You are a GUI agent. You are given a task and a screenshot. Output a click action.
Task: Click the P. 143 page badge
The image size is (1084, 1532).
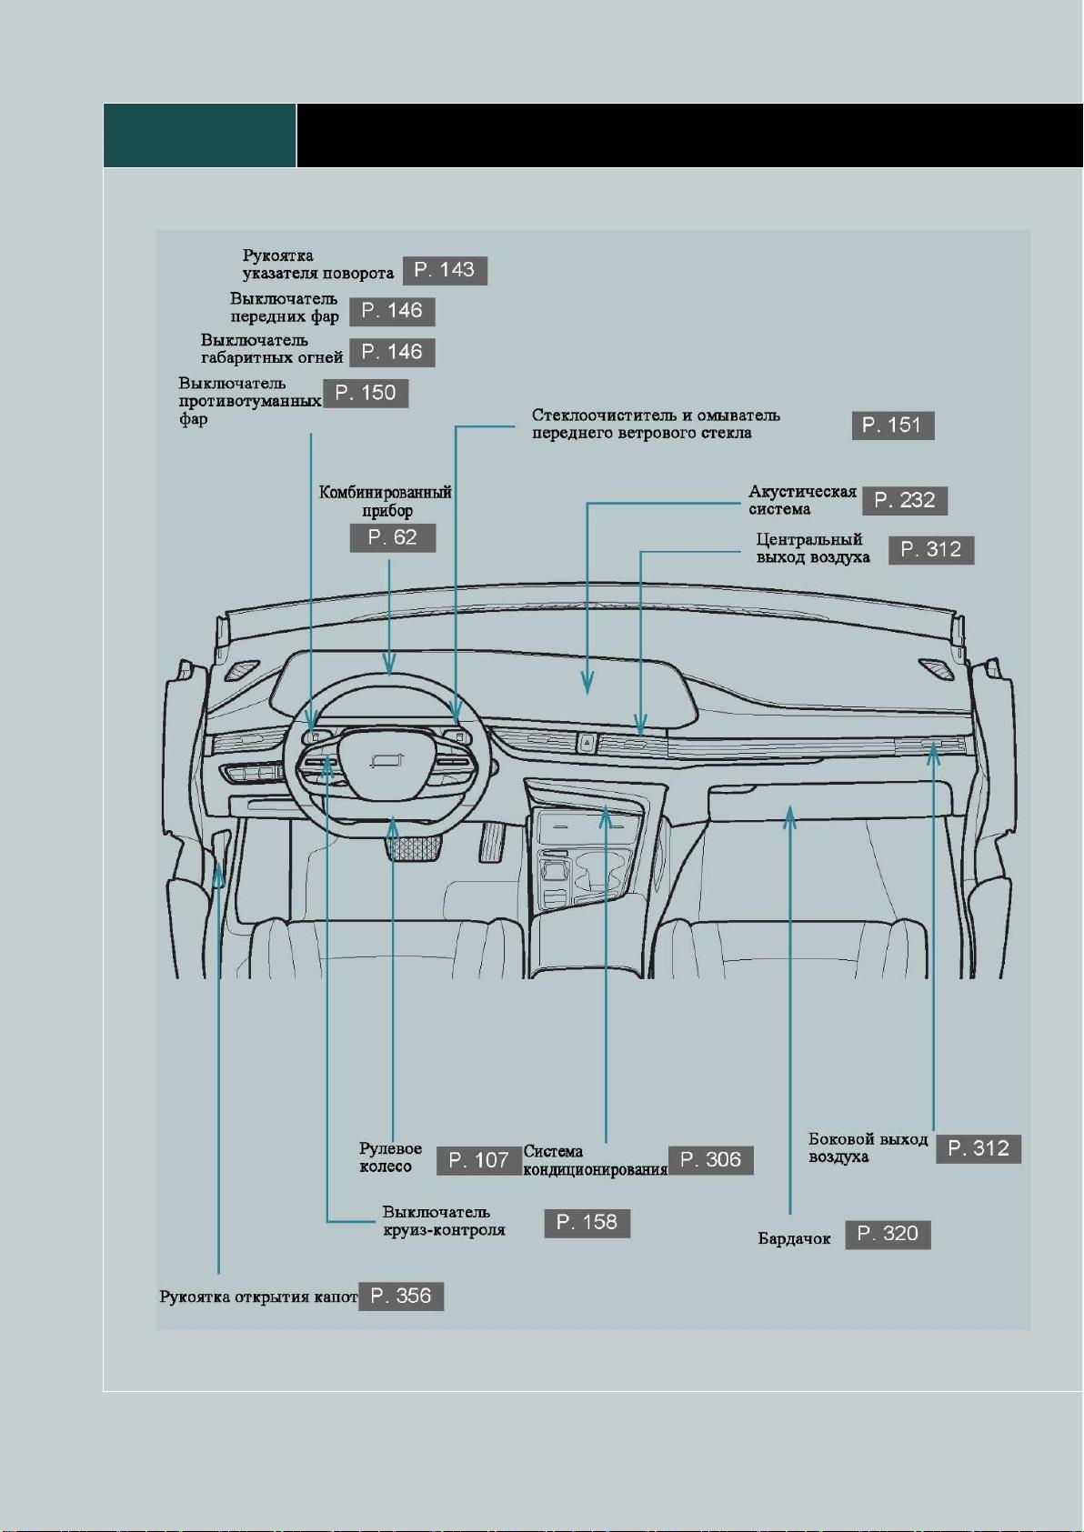445,270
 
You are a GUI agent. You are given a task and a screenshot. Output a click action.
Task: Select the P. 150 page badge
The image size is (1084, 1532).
366,394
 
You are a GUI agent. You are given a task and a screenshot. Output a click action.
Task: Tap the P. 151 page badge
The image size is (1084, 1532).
892,426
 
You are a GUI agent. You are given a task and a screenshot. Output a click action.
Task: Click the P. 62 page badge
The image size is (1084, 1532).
393,537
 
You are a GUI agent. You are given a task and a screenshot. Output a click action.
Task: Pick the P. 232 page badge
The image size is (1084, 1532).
905,501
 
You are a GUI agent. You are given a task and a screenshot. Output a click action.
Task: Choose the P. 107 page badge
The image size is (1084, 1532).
478,1161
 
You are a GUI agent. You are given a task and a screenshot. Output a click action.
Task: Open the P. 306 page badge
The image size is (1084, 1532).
710,1160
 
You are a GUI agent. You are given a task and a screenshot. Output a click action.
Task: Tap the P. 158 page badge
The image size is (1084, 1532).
587,1222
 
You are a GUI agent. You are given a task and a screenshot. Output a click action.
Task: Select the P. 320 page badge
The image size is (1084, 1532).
888,1234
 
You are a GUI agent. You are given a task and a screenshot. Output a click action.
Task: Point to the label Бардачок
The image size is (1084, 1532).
794,1238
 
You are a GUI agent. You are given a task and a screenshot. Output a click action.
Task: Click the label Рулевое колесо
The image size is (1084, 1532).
390,1157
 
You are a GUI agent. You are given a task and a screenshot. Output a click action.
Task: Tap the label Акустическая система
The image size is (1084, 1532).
802,500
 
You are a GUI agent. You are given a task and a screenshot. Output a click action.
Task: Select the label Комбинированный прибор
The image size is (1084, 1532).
386,501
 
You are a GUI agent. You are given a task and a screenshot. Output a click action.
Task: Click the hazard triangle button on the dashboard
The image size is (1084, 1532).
587,741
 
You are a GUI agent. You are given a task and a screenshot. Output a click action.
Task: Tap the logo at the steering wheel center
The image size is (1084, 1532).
387,761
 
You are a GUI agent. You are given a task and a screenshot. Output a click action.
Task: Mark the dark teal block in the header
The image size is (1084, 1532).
200,135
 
